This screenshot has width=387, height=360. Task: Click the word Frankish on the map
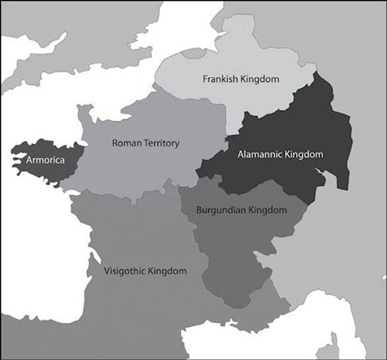220,79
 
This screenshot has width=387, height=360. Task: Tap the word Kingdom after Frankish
260,79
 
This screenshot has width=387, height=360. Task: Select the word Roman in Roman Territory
125,143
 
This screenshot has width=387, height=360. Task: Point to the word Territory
160,143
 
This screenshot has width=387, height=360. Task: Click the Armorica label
44,160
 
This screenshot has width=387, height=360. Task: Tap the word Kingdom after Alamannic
304,155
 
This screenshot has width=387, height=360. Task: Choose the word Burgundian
221,210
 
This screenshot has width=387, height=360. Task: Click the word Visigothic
126,271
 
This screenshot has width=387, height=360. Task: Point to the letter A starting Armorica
28,160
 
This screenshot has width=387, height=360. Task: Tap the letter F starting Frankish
204,79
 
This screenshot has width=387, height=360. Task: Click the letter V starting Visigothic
107,271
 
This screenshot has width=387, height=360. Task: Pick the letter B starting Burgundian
199,210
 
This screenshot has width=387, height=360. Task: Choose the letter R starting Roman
115,143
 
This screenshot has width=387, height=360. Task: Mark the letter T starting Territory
144,143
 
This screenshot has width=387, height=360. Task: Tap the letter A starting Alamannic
240,155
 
